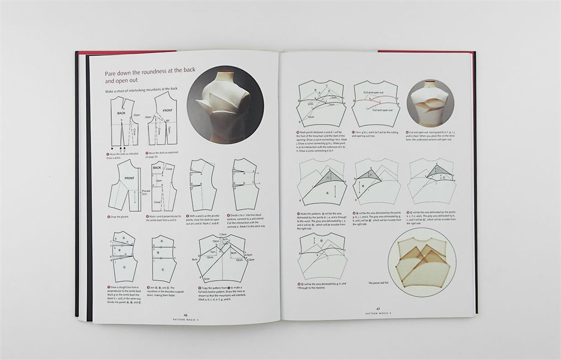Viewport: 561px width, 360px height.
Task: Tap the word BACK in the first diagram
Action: point(121,112)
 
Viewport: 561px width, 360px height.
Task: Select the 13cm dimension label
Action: point(311,117)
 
